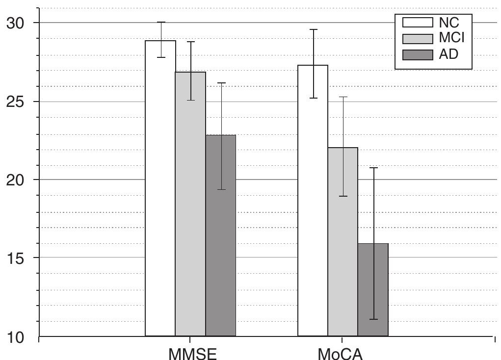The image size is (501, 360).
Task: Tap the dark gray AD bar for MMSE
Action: point(221,235)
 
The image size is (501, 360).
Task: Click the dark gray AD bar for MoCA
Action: point(373,289)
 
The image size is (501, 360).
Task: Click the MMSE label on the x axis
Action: point(192,353)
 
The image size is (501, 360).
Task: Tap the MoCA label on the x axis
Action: point(341,353)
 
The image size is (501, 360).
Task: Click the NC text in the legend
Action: point(449,22)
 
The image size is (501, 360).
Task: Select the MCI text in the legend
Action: point(452,38)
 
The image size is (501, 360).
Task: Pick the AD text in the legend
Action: point(448,54)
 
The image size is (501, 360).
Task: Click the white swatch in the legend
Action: point(418,23)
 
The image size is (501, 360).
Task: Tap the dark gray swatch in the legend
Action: point(418,54)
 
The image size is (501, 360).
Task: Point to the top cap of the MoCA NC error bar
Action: point(313,29)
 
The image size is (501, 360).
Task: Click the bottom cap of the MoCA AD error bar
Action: point(373,319)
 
